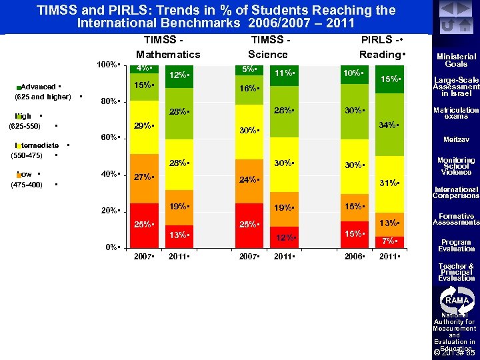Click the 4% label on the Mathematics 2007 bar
(143, 68)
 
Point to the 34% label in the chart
(388, 125)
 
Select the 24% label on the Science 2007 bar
(248, 180)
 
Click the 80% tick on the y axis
(109, 102)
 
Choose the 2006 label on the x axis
(353, 257)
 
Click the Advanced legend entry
(40, 87)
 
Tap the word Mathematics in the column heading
(168, 54)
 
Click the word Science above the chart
(267, 54)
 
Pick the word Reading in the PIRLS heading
(381, 54)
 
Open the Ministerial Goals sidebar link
(456, 60)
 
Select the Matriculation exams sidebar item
(456, 113)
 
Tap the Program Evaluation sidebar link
(456, 245)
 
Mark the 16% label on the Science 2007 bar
(248, 88)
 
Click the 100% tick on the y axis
(107, 65)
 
